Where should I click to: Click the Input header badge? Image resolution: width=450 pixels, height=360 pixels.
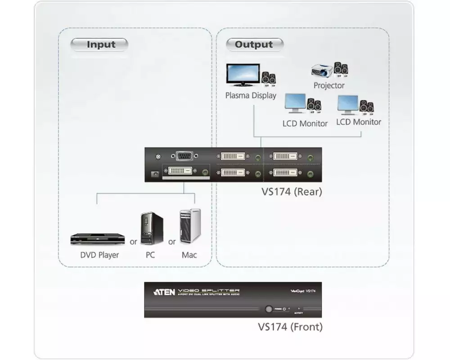(99, 45)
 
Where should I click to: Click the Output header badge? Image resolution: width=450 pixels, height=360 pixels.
(254, 45)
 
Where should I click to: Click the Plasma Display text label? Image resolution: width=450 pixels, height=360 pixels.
(251, 95)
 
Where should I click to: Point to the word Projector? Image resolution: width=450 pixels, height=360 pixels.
(329, 85)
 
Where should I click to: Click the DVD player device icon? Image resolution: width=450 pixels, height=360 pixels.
(97, 239)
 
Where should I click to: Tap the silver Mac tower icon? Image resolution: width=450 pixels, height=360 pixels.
(190, 227)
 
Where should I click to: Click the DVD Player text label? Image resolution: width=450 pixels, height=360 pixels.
(99, 255)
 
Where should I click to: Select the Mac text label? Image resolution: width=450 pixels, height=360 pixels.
(189, 255)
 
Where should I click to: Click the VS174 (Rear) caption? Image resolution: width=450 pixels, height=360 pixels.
(292, 192)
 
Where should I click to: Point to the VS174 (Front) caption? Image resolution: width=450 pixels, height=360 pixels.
(290, 327)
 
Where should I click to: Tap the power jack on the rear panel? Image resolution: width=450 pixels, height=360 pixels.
(155, 173)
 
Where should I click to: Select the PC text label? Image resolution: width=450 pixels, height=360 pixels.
(150, 255)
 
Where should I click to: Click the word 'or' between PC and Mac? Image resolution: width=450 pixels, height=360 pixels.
(172, 242)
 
